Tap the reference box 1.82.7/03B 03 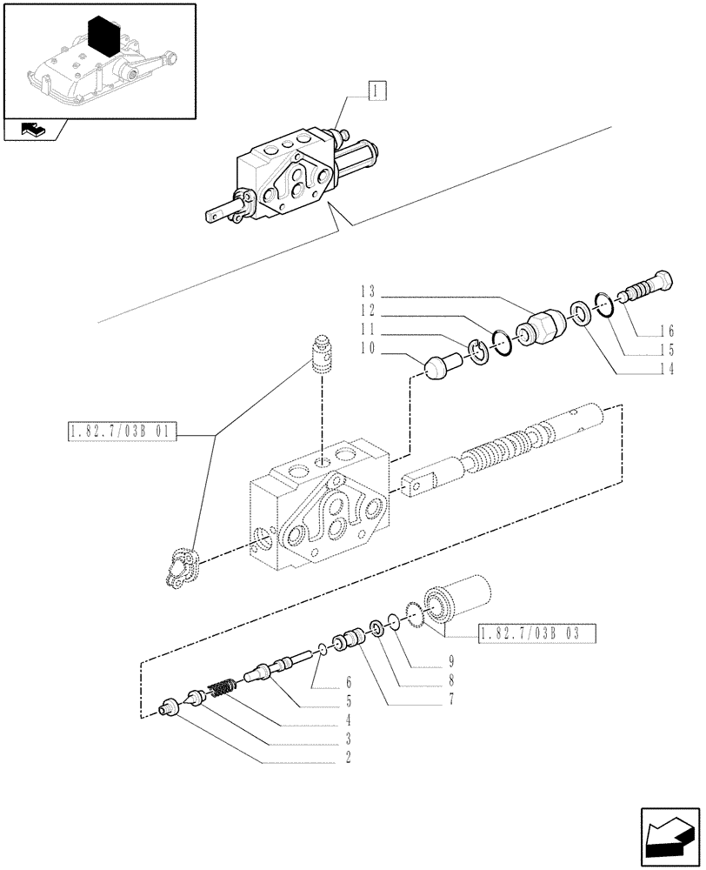(x=536, y=634)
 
